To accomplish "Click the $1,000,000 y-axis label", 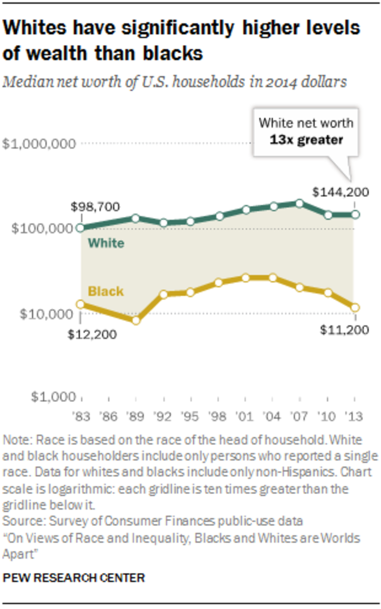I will click(41, 144).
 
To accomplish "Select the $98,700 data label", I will click(95, 207).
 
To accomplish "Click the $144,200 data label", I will click(340, 192).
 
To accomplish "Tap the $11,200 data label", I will click(341, 329).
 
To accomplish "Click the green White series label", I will click(106, 243).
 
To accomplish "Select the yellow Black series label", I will click(106, 292).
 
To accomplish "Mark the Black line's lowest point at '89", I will click(136, 320).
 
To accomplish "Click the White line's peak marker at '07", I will click(300, 203).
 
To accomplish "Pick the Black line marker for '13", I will click(355, 307).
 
